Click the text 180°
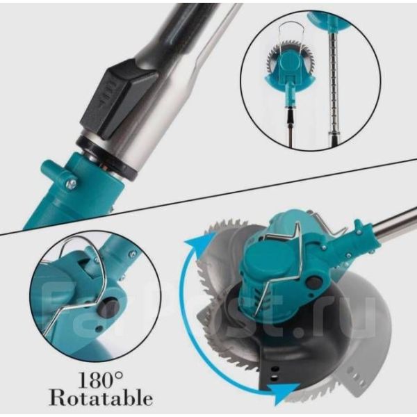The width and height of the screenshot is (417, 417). click(101, 380)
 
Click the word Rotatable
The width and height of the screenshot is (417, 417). click(101, 398)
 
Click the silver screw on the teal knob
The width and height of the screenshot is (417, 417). click(72, 183)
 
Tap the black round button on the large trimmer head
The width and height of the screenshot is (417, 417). click(314, 282)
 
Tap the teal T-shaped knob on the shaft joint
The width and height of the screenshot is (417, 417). click(57, 173)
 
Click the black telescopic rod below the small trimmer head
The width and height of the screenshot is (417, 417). click(291, 128)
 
